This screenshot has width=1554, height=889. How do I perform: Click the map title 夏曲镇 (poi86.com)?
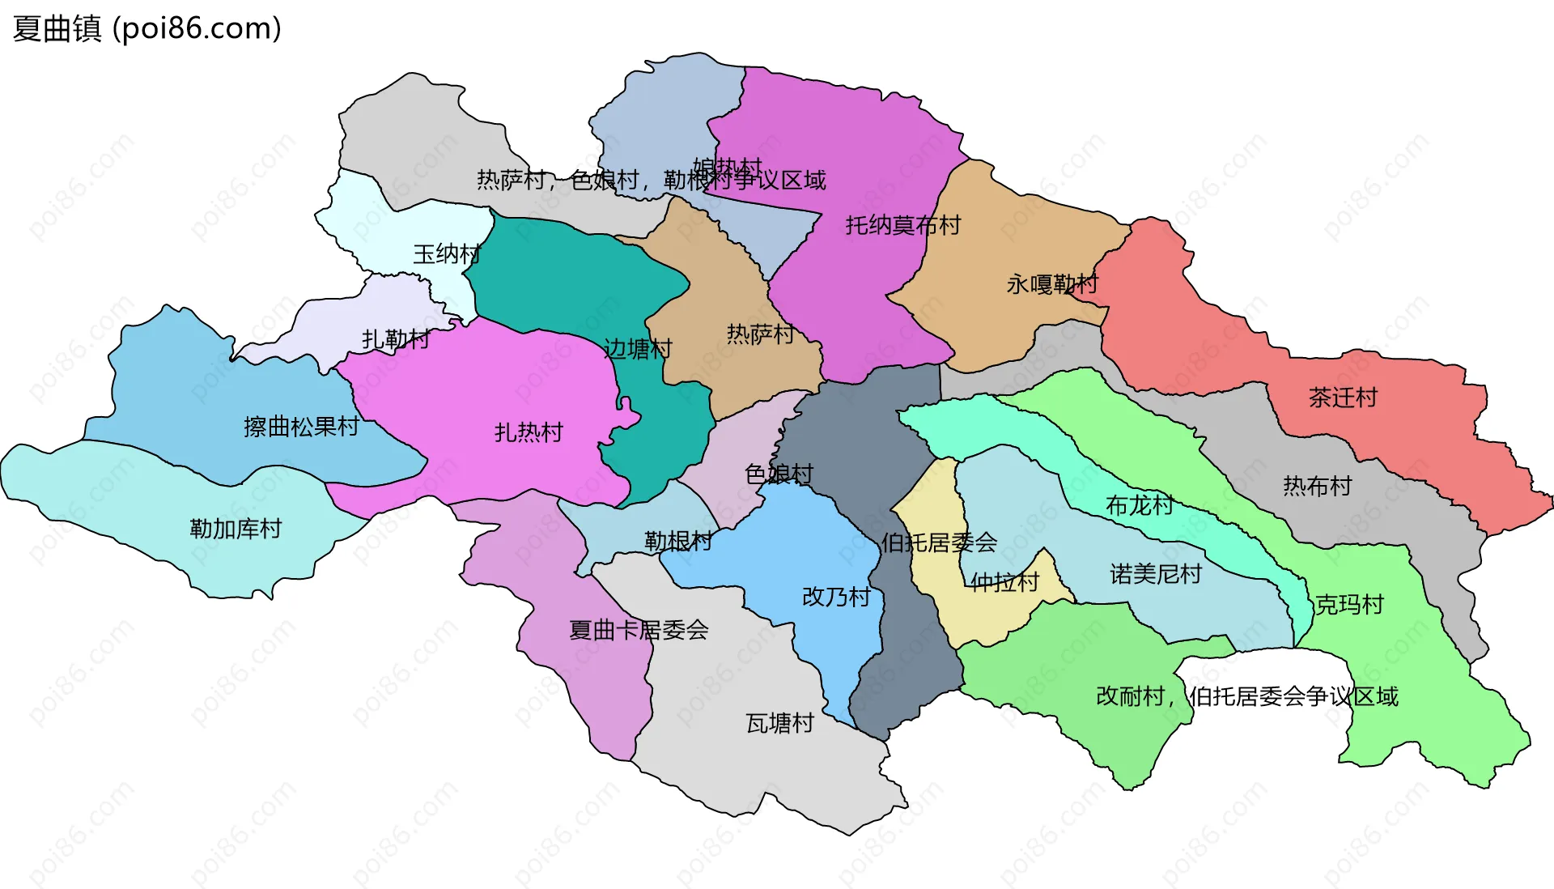tap(146, 28)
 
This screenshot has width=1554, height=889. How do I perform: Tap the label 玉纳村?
tap(447, 254)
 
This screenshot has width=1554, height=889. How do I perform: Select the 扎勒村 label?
tap(396, 338)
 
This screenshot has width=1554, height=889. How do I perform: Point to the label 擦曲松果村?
tap(301, 427)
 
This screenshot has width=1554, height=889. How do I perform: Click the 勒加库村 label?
tap(236, 529)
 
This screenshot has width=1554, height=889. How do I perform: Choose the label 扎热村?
tap(529, 432)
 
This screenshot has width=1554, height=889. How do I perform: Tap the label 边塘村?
tap(638, 349)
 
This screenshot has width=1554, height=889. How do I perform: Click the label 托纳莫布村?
tap(903, 225)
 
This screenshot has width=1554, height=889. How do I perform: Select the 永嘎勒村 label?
tap(1052, 284)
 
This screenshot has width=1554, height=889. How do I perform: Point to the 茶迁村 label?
tap(1343, 398)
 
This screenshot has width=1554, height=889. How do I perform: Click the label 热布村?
tap(1318, 486)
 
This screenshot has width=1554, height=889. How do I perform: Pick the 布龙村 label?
tap(1140, 505)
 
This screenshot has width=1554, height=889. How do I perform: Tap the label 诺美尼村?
tap(1156, 574)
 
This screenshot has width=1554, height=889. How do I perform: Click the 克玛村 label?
tap(1349, 605)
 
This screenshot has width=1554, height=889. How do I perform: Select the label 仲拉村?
tap(1004, 581)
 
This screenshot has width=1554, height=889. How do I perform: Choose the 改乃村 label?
tap(836, 597)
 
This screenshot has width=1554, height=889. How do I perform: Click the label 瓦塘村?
tap(779, 723)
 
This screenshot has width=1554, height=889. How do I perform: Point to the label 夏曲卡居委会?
tap(639, 630)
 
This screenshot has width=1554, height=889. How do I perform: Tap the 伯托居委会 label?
tap(939, 542)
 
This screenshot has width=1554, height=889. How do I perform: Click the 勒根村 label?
tap(678, 541)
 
